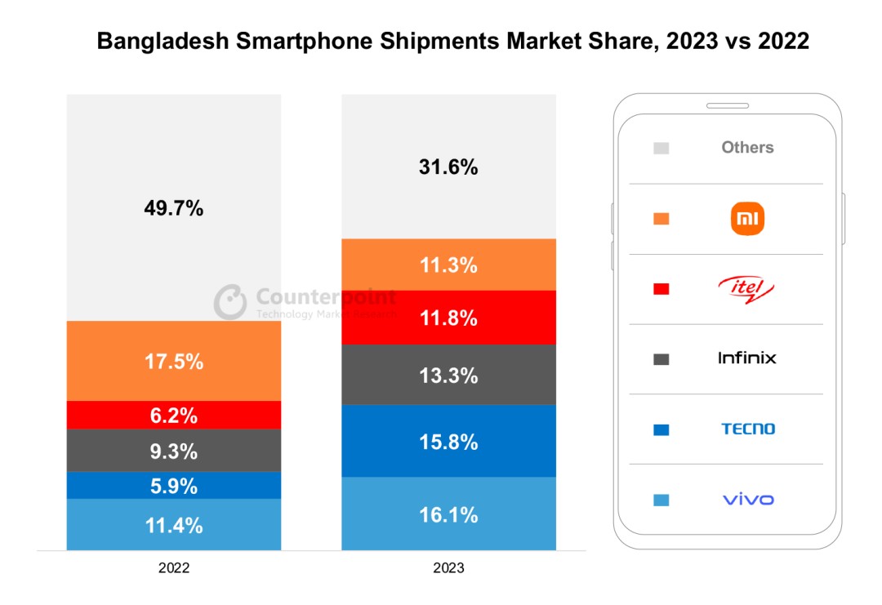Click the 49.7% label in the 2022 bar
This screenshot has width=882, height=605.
coord(174,209)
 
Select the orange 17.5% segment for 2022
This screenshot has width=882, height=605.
coord(174,362)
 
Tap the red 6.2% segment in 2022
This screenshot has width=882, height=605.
coord(174,416)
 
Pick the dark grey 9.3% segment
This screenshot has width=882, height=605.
coord(174,452)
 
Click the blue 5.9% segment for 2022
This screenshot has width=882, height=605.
coord(174,487)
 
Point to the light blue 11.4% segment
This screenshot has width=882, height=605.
coord(174,525)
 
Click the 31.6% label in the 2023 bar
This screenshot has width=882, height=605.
coord(448,167)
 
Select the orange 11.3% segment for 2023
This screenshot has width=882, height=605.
coord(448,265)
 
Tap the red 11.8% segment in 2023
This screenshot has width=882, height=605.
coord(448,318)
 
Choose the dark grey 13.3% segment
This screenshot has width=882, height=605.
coord(448,376)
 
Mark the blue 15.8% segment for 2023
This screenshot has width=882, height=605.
coord(448,442)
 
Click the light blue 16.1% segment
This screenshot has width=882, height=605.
coord(448,514)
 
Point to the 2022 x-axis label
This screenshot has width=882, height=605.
coord(174,567)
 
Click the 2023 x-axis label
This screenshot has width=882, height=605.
coord(448,567)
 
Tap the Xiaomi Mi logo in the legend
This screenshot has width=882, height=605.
coord(747,219)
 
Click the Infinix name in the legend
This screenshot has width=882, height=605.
coord(747,358)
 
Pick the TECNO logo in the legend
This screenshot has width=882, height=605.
coord(747,429)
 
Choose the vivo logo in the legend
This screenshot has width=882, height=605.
coord(747,499)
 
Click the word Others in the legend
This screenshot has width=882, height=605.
coord(747,148)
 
